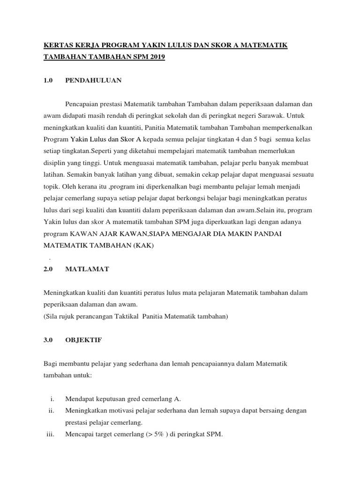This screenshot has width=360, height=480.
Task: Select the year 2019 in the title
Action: click(x=156, y=57)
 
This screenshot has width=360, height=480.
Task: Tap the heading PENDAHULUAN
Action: click(x=93, y=81)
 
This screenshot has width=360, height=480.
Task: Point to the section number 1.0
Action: click(x=48, y=81)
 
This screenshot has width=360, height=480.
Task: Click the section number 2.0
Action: click(x=48, y=269)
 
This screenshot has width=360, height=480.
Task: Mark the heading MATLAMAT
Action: click(x=87, y=269)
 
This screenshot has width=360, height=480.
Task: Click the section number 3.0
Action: click(x=48, y=341)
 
